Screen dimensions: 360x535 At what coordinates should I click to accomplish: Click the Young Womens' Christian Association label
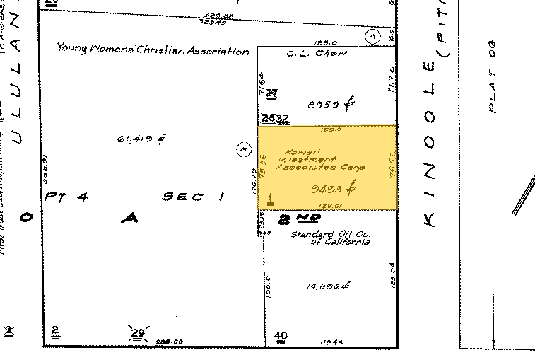[x=153, y=50]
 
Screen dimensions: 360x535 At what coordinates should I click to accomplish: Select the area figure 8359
[x=331, y=105]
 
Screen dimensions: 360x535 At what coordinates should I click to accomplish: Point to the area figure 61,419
[x=141, y=139]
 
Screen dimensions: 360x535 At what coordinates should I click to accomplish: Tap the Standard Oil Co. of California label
[x=331, y=238]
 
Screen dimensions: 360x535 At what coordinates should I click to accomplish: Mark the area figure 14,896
[x=329, y=286]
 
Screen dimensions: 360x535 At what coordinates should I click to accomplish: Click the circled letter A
[x=373, y=35]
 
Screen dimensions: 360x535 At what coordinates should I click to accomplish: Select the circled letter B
[x=242, y=150]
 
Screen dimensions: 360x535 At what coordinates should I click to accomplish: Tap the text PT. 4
[x=66, y=197]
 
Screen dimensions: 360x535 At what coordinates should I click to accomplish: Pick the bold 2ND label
[x=295, y=219]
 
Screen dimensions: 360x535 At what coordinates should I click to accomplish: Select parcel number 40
[x=281, y=335]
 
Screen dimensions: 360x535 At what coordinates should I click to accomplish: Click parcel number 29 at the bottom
[x=137, y=332]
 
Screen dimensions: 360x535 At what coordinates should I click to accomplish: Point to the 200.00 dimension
[x=169, y=342]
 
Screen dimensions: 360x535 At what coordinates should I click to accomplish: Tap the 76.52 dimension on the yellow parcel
[x=390, y=168]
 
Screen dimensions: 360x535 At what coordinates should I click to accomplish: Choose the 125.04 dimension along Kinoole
[x=390, y=274]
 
